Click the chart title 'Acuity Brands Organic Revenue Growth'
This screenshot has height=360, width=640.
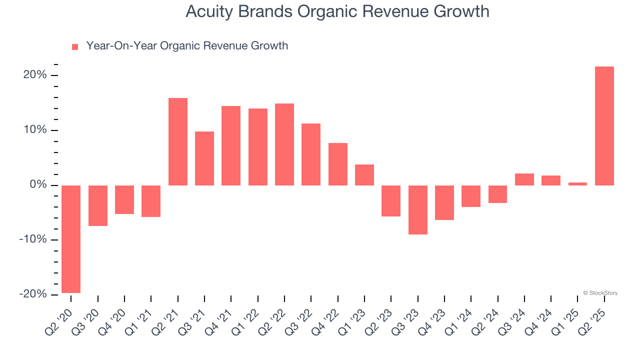337,11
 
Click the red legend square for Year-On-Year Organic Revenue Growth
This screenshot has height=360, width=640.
75,46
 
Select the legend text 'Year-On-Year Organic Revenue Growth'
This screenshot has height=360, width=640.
187,46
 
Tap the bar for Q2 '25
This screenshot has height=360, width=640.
604,126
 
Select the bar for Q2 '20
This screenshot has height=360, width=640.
71,239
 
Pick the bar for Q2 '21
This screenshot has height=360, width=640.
178,141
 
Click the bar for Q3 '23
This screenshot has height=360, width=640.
417,209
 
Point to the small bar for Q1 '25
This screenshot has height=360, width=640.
577,183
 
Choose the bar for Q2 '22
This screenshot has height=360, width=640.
284,144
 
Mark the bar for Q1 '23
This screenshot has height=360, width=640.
364,175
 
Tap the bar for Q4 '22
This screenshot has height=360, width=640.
337,164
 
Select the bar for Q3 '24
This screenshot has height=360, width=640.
524,179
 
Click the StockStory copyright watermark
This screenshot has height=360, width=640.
600,293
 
